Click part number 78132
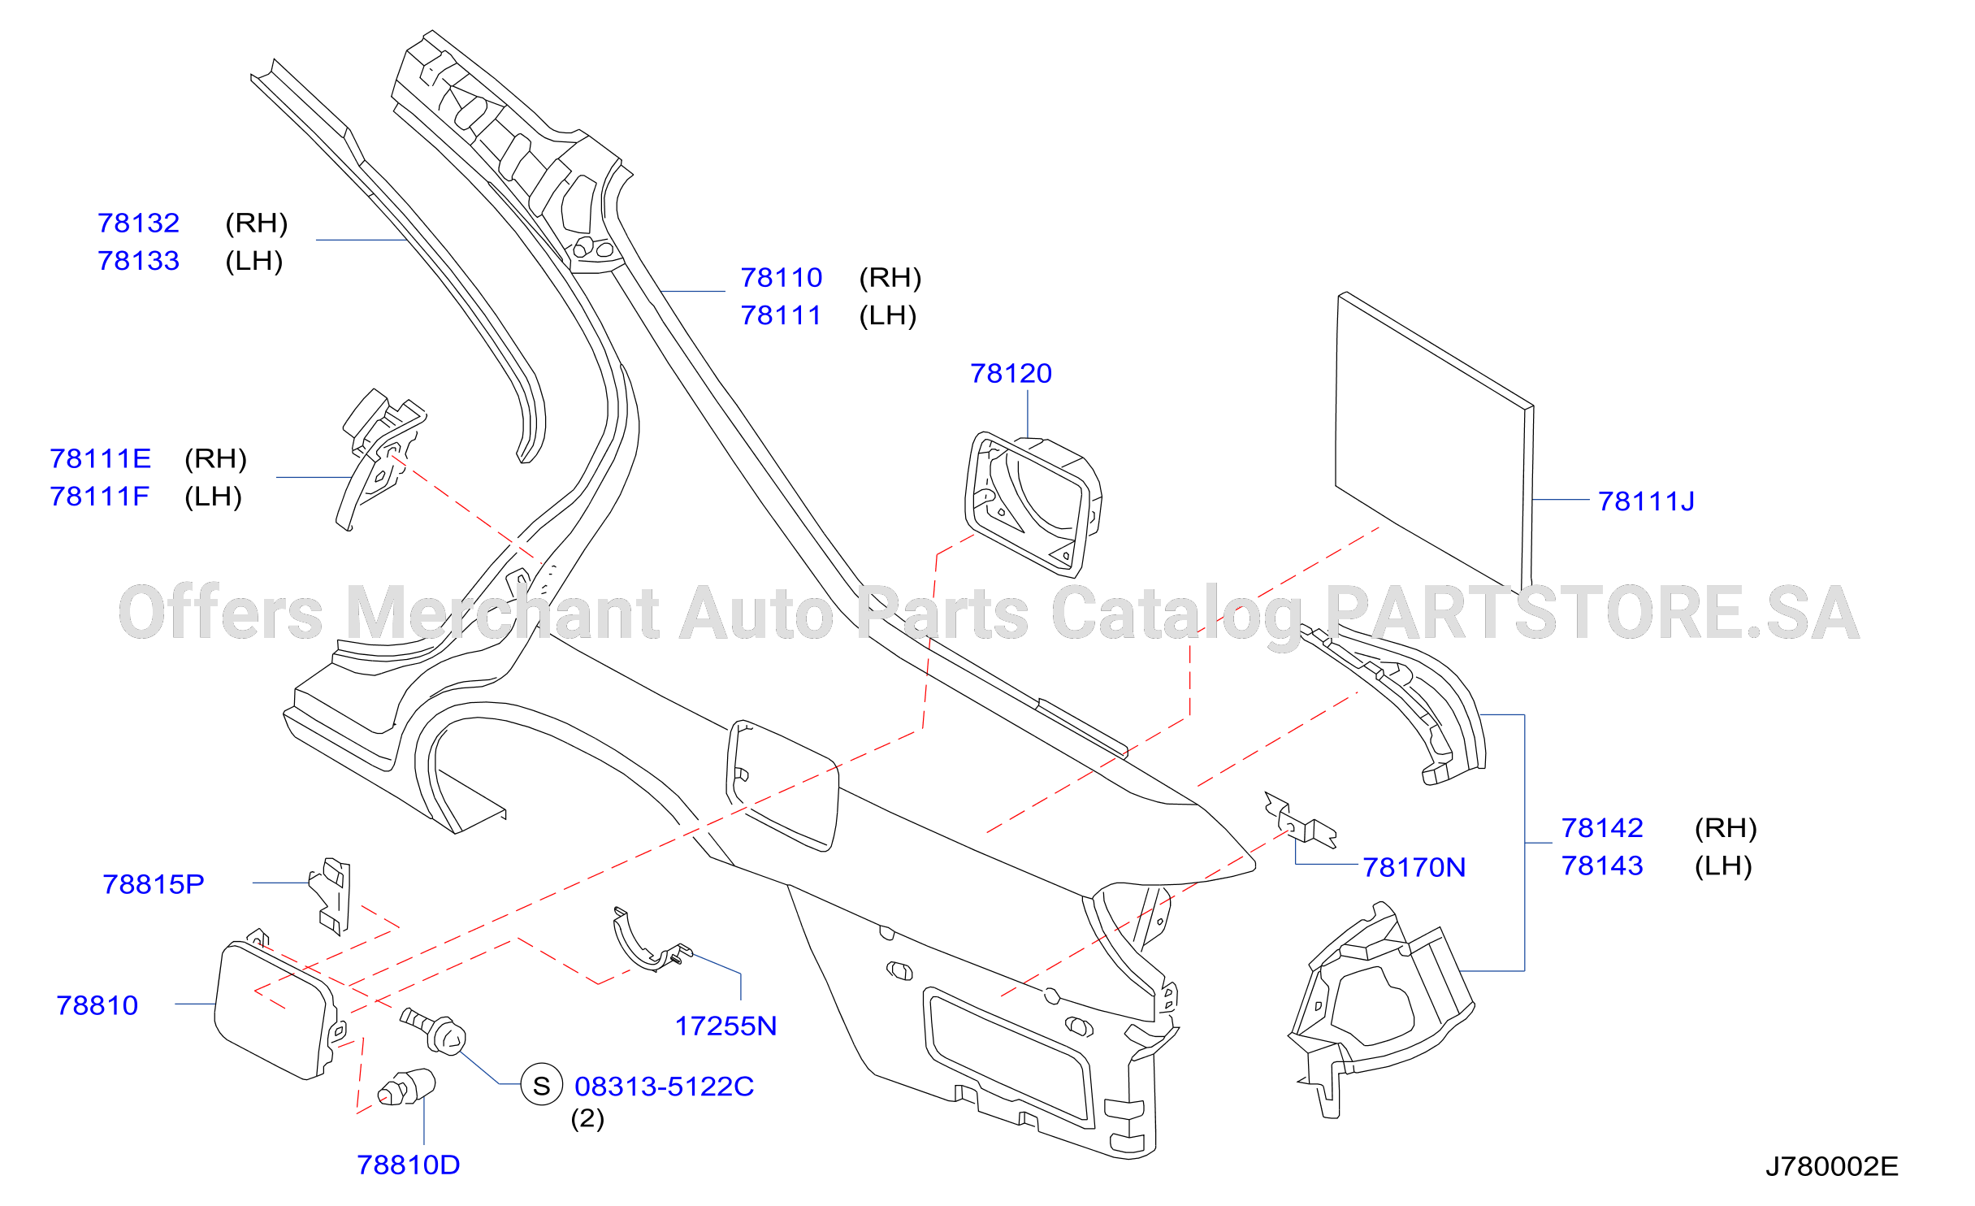(138, 223)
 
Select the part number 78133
(138, 261)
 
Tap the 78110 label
(781, 278)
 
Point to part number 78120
(1011, 373)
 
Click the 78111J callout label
(1646, 501)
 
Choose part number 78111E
(100, 458)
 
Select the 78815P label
(153, 884)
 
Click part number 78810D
(408, 1165)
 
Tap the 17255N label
(725, 1026)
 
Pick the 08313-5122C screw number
(664, 1087)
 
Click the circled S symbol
(542, 1085)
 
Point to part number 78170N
(1414, 867)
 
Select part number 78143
(1602, 865)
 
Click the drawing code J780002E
(1831, 1166)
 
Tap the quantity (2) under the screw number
(587, 1119)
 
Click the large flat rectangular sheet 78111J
(1434, 439)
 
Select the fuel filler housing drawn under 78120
(1032, 505)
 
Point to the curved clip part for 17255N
(646, 943)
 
